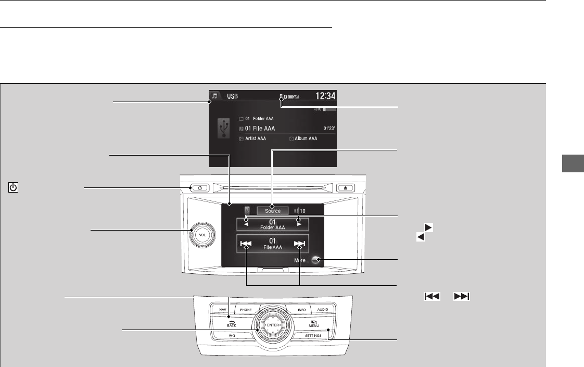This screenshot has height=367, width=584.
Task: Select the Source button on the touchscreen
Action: coord(273,211)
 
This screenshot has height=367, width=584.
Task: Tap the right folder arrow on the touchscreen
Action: coord(299,224)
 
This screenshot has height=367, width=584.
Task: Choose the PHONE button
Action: coord(246,310)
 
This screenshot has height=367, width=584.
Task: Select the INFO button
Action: coord(301,310)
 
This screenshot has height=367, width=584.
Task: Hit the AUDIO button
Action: coord(323,310)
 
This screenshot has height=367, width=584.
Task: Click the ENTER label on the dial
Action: coord(273,325)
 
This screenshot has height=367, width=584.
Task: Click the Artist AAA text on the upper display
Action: coord(257,139)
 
